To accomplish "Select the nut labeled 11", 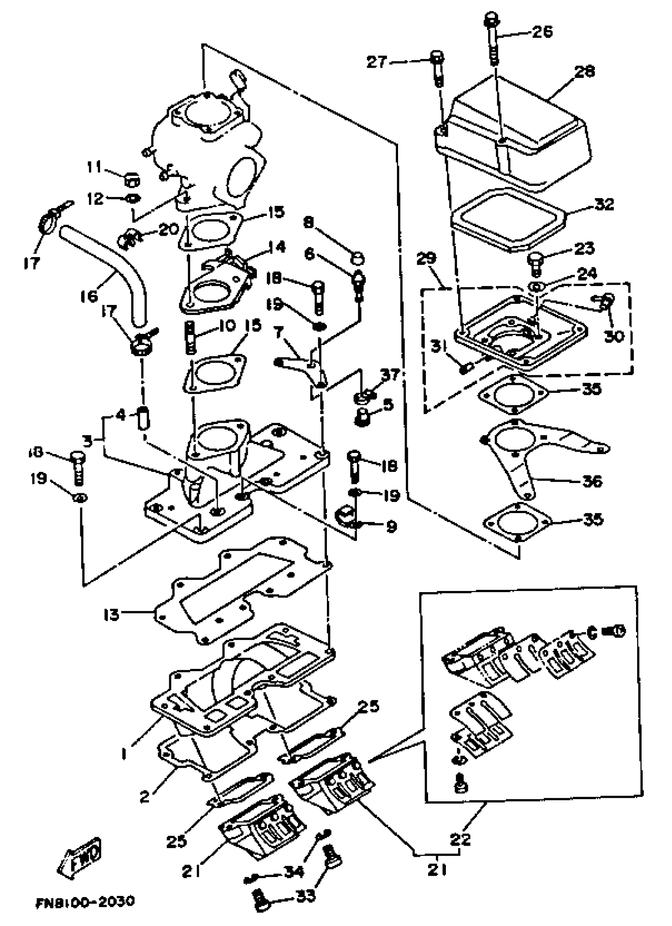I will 132,178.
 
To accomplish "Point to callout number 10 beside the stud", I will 227,326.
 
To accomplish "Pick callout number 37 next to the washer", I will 390,375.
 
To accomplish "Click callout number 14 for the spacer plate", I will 277,247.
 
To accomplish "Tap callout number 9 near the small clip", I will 391,527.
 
